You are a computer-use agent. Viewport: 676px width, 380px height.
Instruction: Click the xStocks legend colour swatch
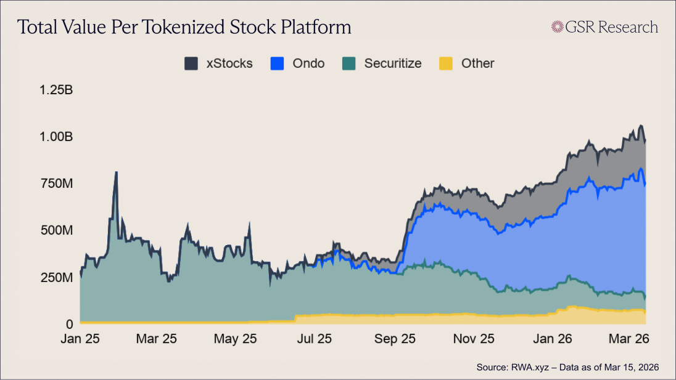tap(191, 63)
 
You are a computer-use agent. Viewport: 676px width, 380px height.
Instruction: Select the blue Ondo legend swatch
tap(278, 63)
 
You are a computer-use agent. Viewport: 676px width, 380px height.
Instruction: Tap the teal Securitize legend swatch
tap(349, 63)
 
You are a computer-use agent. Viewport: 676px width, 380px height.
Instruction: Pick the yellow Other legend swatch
tap(445, 63)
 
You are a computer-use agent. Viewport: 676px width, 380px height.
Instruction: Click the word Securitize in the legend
tap(392, 63)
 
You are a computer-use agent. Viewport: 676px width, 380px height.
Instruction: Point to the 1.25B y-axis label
tap(56, 90)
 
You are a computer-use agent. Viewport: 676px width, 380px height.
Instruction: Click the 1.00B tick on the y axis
tap(56, 137)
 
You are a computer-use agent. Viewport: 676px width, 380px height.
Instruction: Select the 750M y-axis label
tap(56, 184)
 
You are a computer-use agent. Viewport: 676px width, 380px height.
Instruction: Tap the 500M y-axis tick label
tap(56, 230)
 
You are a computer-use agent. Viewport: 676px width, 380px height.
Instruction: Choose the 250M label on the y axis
tap(56, 277)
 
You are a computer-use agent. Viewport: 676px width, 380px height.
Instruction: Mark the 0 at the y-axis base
tap(70, 324)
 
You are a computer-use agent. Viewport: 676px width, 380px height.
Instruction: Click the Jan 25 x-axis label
tap(81, 339)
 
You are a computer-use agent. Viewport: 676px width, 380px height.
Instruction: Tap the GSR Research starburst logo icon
tap(558, 27)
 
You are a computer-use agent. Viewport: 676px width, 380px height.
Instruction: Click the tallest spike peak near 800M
tap(116, 173)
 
